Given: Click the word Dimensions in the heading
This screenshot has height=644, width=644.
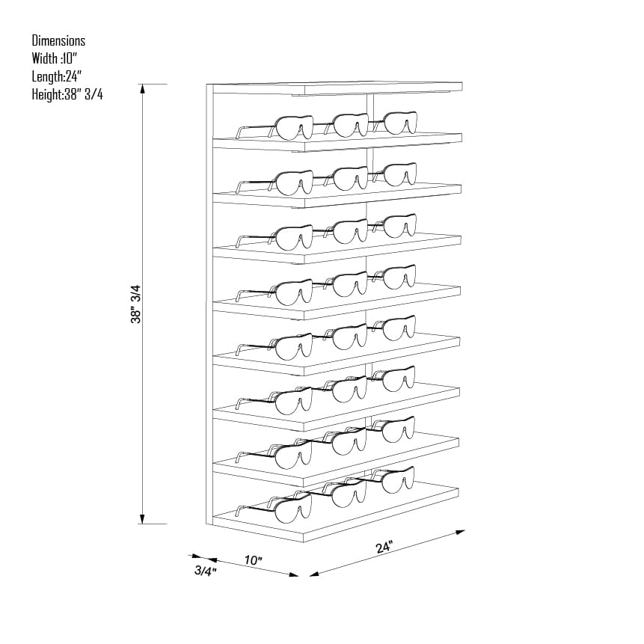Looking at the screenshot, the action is [58, 40].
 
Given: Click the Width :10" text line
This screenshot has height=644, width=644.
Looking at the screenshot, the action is [54, 58].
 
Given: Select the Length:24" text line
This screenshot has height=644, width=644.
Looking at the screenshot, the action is [57, 76].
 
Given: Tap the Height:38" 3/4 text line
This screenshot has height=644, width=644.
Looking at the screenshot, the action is [67, 94].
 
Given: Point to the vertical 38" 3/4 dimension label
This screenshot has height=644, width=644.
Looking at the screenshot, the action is [135, 304].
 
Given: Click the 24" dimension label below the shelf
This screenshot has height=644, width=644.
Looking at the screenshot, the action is [384, 548].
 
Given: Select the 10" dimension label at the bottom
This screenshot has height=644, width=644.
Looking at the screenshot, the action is [253, 559].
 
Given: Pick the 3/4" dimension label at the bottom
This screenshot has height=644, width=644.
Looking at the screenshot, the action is [206, 571].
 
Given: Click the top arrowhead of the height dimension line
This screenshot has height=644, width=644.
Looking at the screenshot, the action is [143, 89].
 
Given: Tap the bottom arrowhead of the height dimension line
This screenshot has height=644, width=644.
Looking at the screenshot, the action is [143, 519].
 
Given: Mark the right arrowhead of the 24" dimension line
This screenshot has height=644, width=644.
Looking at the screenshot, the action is [461, 533].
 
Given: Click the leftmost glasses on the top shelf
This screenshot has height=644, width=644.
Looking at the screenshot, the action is [275, 128].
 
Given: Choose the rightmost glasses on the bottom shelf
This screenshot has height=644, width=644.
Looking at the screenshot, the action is [392, 479].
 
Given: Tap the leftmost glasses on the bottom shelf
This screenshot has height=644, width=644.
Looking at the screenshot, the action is [274, 509].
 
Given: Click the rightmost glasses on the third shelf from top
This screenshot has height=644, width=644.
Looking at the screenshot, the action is [394, 225].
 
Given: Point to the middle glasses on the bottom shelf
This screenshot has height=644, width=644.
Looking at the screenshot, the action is [344, 493].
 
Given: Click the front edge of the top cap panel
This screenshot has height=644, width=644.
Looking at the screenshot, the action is [383, 90].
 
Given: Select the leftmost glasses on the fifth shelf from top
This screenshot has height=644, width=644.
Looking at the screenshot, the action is [275, 347].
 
